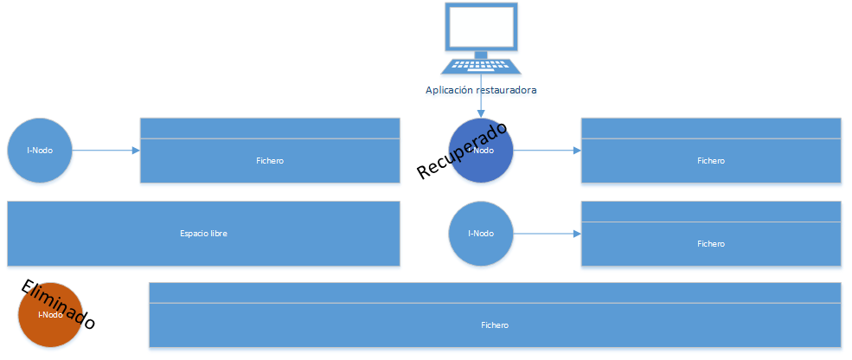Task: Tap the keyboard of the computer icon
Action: point(481,66)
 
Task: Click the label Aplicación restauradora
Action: point(481,89)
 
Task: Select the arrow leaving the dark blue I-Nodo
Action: point(547,150)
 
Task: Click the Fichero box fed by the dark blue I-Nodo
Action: point(710,160)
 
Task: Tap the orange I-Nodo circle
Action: point(49,315)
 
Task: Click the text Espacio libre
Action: point(203,234)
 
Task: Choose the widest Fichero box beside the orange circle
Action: point(495,325)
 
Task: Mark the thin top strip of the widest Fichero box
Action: point(495,292)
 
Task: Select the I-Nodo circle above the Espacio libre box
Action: point(40,150)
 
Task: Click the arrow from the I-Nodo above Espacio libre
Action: point(106,150)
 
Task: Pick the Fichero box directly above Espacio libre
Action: point(270,160)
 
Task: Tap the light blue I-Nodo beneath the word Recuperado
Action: point(481,233)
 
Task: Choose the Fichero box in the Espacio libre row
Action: point(710,243)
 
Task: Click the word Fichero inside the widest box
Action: point(495,325)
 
